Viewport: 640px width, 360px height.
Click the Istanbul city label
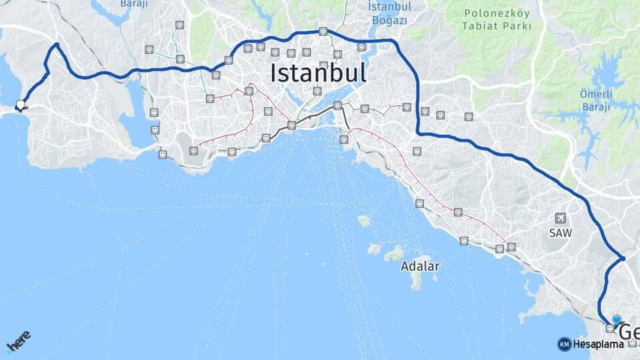[x=318, y=73]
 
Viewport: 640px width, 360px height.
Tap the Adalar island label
[x=420, y=266]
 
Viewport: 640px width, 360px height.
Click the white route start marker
[x=21, y=105]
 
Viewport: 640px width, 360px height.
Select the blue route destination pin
[x=617, y=321]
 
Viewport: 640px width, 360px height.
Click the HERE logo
[x=18, y=342]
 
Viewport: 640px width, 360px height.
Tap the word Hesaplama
[x=599, y=344]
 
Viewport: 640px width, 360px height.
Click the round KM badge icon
[x=564, y=344]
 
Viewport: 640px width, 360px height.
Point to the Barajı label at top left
[x=133, y=4]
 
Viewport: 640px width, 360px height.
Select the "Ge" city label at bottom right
[x=629, y=332]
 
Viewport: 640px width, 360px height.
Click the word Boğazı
[x=389, y=21]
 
